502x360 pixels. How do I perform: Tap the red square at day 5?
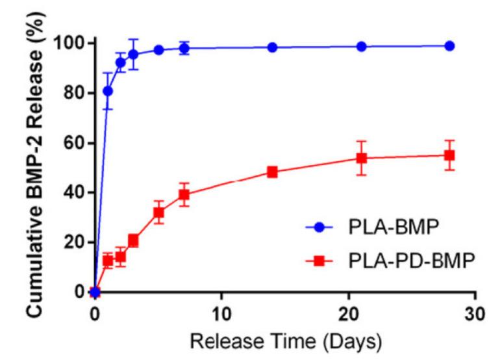point(158,212)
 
